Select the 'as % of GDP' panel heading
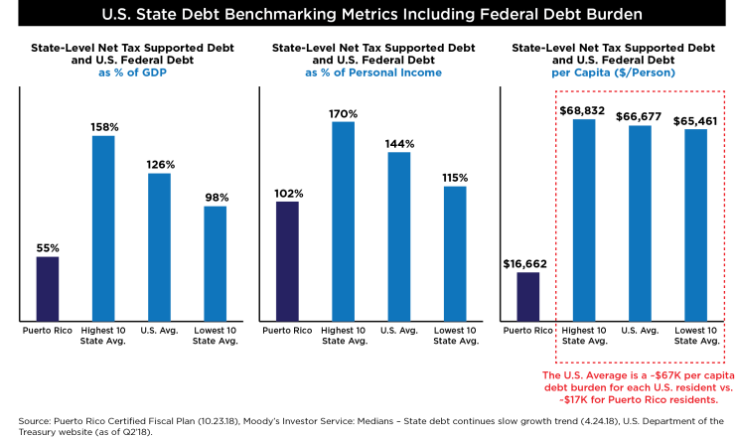pyautogui.click(x=132, y=73)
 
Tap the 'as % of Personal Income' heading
pyautogui.click(x=372, y=73)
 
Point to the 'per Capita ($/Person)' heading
pyautogui.click(x=613, y=73)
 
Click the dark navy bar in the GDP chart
pyautogui.click(x=48, y=289)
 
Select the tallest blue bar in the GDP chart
pyautogui.click(x=103, y=228)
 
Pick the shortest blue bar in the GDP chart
pyautogui.click(x=216, y=263)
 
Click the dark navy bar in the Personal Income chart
pyautogui.click(x=287, y=261)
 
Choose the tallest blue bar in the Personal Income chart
pyautogui.click(x=343, y=221)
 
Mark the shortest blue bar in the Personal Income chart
pyautogui.click(x=455, y=253)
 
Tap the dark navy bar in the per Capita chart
pyautogui.click(x=528, y=297)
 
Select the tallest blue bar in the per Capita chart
pyautogui.click(x=584, y=219)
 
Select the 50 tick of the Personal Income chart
pyautogui.click(x=251, y=263)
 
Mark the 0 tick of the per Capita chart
pyautogui.click(x=494, y=322)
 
